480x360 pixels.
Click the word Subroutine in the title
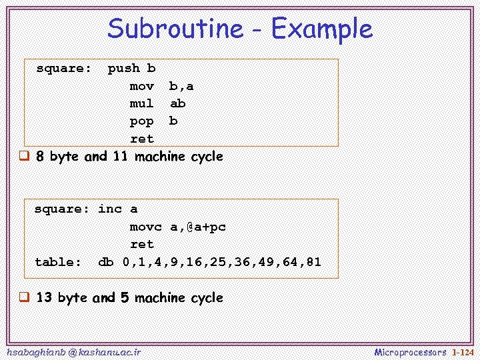(175, 29)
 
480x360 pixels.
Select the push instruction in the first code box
(124, 68)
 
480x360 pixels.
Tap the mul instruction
(141, 103)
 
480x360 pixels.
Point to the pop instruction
(141, 121)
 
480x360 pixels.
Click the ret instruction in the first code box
(141, 139)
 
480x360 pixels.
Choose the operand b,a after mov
(181, 86)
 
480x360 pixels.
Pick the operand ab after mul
(178, 103)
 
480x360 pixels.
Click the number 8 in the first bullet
(40, 157)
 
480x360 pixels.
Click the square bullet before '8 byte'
(23, 157)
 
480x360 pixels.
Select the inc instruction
(110, 209)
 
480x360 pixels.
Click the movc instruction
(146, 227)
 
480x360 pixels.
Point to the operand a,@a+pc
(198, 227)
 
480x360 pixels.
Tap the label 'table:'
(58, 262)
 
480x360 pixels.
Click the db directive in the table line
(106, 262)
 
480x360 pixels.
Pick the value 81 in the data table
(313, 262)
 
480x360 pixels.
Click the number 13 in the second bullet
(44, 297)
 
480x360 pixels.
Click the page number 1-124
(463, 352)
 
